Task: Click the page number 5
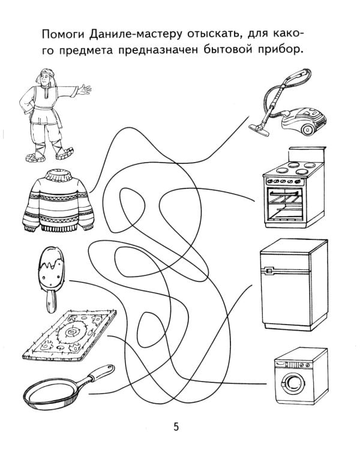pyautogui.click(x=176, y=427)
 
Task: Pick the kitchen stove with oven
pyautogui.click(x=293, y=191)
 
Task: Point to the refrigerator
pyautogui.click(x=292, y=284)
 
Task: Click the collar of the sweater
pyautogui.click(x=59, y=175)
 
